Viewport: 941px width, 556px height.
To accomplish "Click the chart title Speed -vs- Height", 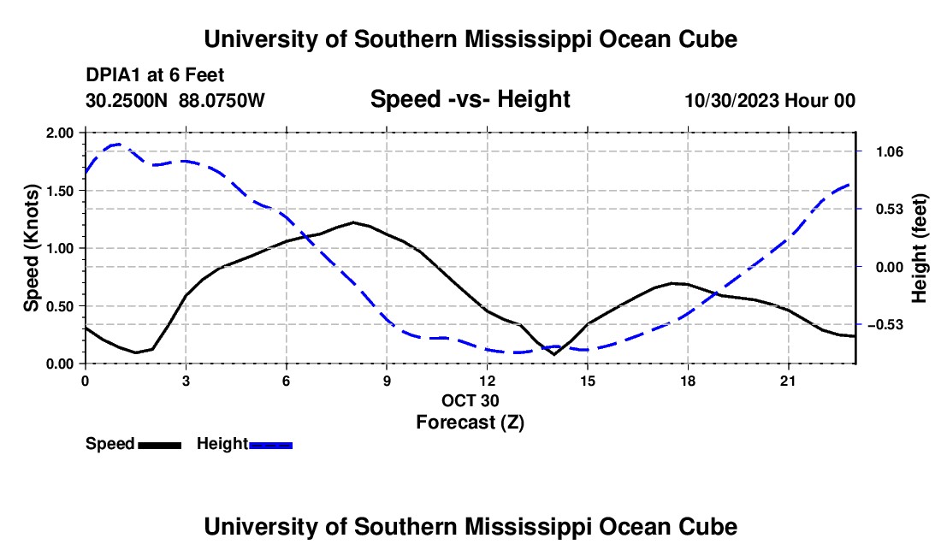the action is [x=470, y=99].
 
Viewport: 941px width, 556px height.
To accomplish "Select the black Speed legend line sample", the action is [x=160, y=445].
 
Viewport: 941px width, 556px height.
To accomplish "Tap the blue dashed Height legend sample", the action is [x=270, y=445].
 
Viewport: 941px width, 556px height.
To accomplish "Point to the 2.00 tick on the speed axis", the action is [x=59, y=133].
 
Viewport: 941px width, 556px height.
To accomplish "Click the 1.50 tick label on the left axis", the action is [x=59, y=191].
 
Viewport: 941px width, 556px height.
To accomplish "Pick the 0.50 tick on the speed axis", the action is [x=59, y=306].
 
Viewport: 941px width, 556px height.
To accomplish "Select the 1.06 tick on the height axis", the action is [x=890, y=151].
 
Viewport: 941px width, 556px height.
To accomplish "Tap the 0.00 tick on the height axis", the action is [x=890, y=267].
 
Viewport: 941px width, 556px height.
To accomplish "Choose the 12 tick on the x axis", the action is [x=488, y=381].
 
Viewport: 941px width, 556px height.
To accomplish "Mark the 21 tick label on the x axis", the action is [x=787, y=381].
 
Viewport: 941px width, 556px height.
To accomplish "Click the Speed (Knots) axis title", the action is [x=31, y=248].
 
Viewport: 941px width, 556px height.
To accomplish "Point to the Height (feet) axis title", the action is [x=919, y=248].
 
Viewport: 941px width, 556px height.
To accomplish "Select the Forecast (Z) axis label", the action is [x=470, y=423].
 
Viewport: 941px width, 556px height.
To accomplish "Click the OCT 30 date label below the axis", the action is [x=470, y=400].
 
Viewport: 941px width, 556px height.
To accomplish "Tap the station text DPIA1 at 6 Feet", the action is [x=155, y=75].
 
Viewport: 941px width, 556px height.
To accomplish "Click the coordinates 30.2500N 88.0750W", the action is [x=175, y=100].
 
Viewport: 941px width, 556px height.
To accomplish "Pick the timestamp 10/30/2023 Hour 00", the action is [x=770, y=100].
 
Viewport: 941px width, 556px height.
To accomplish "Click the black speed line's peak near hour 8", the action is [x=353, y=222].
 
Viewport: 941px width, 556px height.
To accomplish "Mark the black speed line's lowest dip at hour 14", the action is [x=554, y=354].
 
